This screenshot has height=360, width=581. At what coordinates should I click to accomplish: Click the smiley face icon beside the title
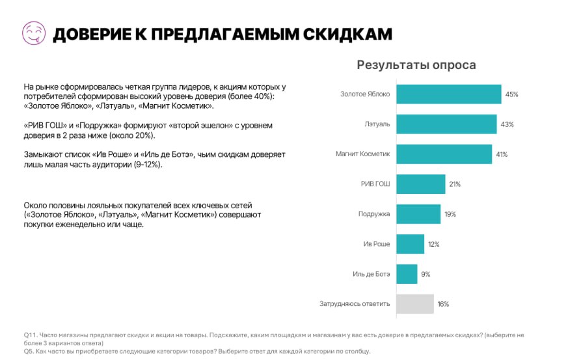[x=34, y=33]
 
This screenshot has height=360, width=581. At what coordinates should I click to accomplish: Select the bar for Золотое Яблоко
[x=449, y=94]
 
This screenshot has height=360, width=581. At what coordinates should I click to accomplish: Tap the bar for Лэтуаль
[x=446, y=124]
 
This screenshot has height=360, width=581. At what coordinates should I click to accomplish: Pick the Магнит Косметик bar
[x=444, y=154]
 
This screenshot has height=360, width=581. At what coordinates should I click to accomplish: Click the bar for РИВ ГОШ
[x=421, y=184]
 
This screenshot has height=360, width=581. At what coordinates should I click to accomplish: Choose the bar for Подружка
[x=419, y=214]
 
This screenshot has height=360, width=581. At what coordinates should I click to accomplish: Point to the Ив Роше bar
[x=411, y=244]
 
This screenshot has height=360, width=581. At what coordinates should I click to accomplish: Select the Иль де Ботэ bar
[x=407, y=274]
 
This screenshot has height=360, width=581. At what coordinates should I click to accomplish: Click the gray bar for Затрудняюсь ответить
[x=415, y=304]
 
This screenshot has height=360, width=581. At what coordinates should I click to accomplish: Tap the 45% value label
[x=512, y=94]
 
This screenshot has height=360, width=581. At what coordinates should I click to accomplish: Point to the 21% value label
[x=455, y=184]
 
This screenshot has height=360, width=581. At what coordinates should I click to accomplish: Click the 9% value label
[x=426, y=274]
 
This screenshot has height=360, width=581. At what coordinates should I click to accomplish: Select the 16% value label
[x=443, y=304]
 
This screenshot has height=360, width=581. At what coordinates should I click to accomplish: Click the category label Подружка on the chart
[x=374, y=214]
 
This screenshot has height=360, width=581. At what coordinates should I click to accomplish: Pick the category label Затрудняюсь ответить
[x=355, y=304]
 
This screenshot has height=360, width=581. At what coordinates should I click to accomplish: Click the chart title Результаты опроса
[x=416, y=65]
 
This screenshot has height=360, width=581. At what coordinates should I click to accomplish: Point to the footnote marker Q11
[x=30, y=335]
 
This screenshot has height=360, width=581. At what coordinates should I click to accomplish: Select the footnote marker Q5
[x=28, y=351]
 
